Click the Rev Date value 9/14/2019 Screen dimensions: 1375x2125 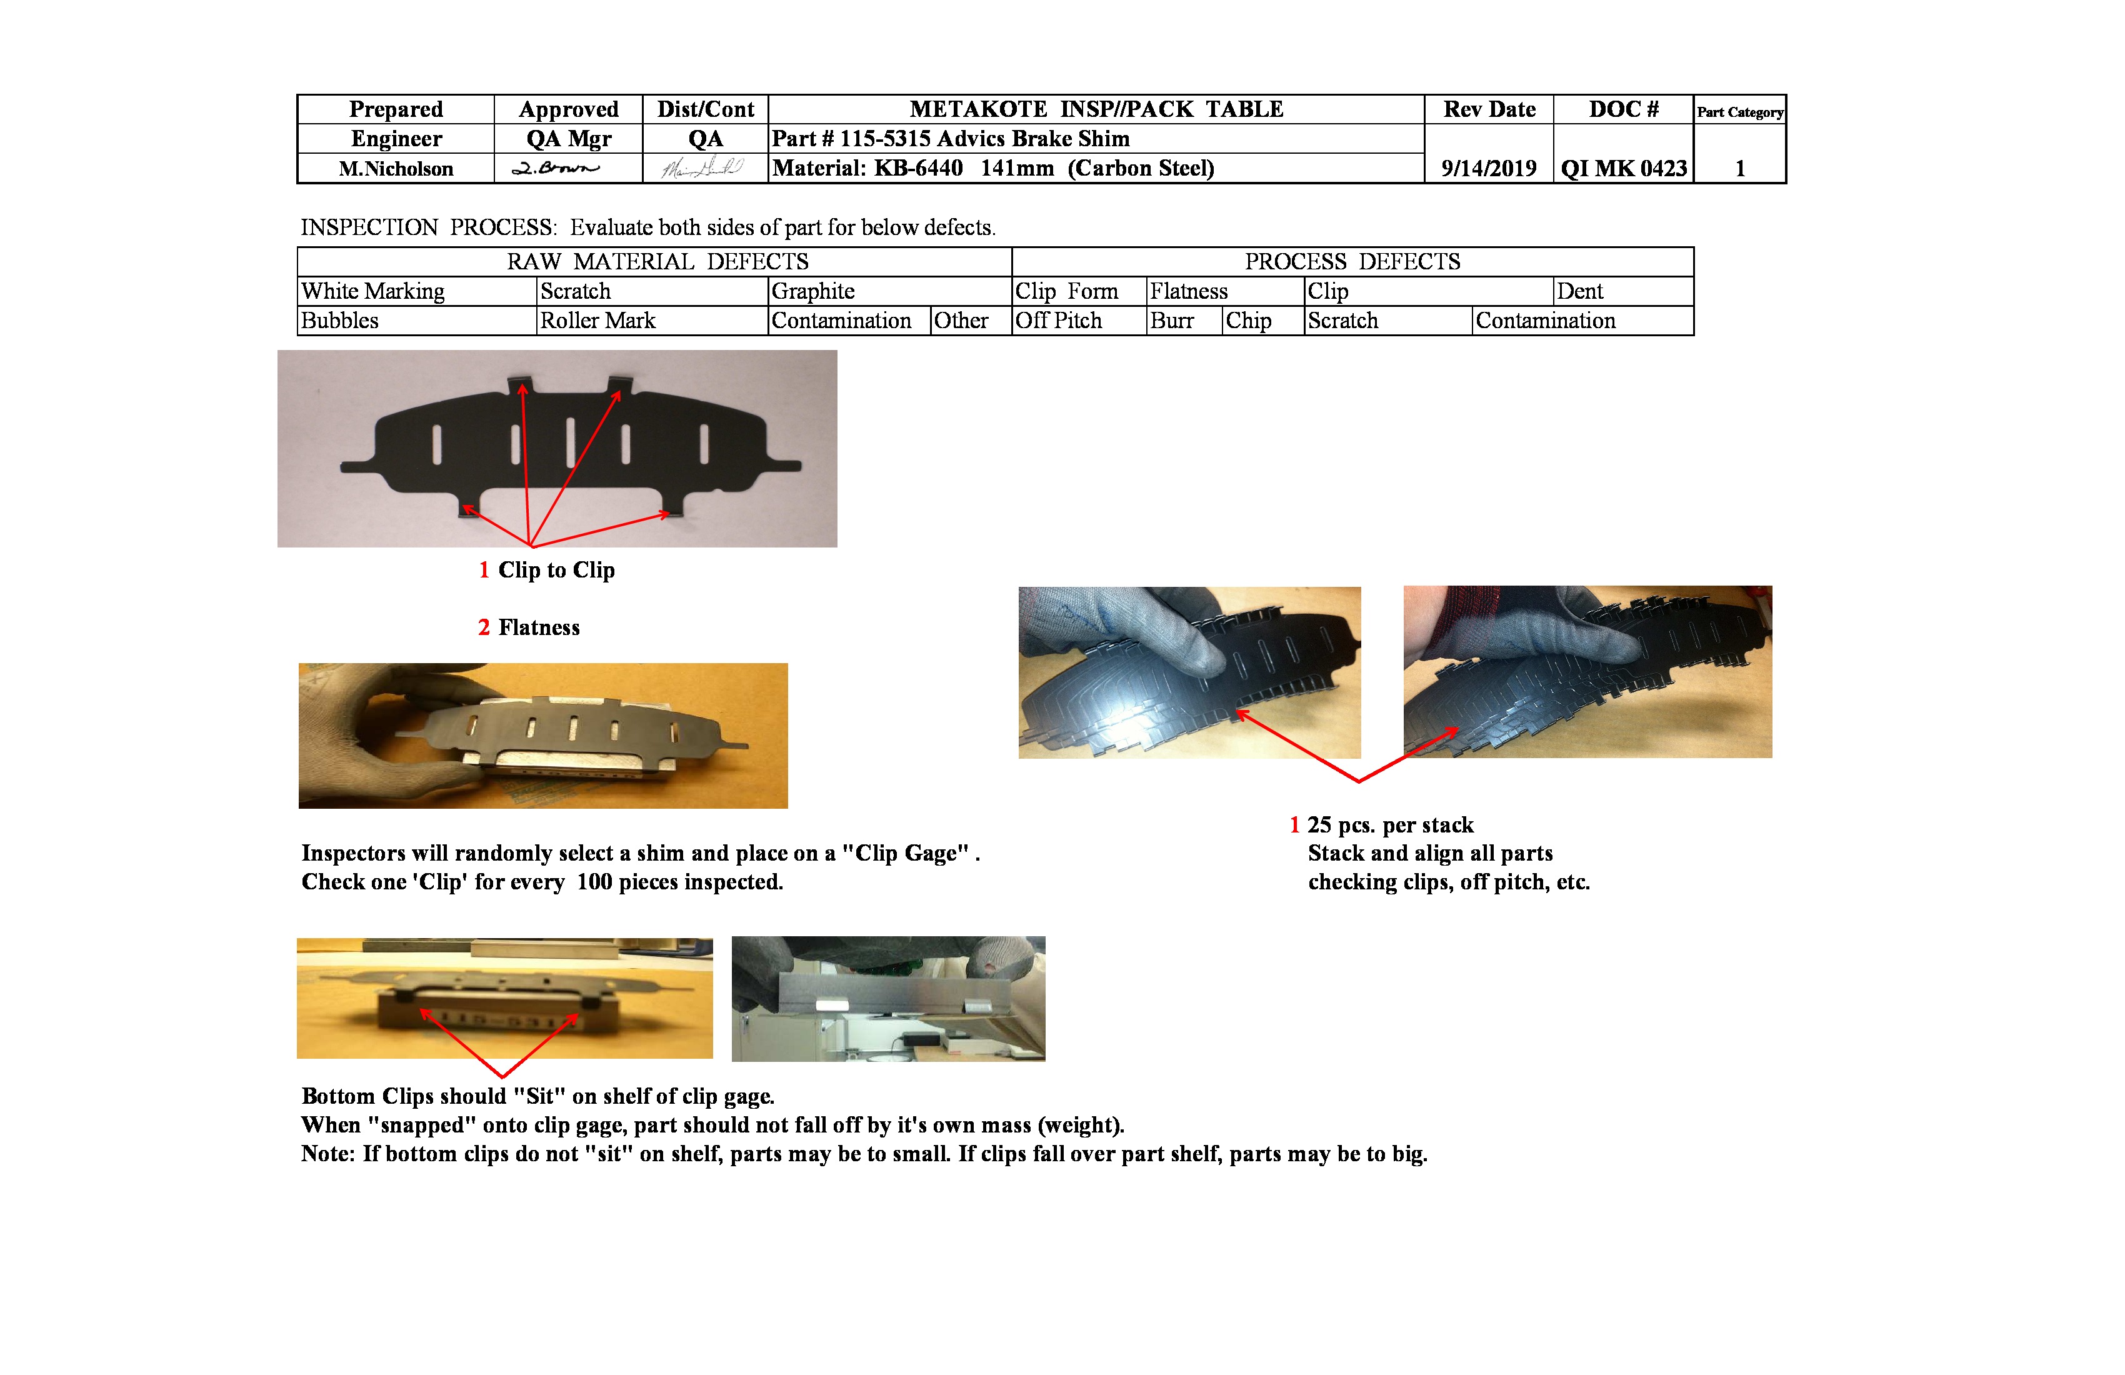pos(1488,169)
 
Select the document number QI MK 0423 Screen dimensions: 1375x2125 pos(1623,169)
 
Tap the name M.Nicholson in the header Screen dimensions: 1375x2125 pos(396,169)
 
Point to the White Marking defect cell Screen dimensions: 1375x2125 pos(373,292)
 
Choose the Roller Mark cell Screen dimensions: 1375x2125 pos(597,321)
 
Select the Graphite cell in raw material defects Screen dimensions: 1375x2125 pos(812,292)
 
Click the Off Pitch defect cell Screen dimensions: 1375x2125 pos(1058,321)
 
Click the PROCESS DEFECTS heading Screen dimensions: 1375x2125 pos(1352,262)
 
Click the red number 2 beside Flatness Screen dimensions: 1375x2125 pos(484,627)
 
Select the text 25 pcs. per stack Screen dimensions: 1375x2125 pos(1389,825)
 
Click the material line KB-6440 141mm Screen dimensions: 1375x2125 pos(993,169)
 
